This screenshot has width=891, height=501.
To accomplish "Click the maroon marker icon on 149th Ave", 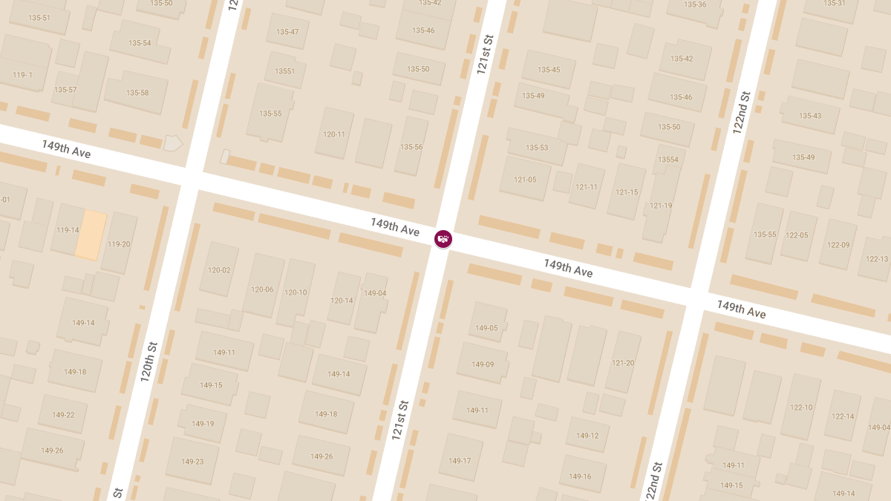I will click(x=443, y=238).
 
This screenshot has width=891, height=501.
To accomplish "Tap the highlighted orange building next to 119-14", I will click(x=91, y=235).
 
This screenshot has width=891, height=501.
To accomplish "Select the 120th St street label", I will click(x=149, y=362).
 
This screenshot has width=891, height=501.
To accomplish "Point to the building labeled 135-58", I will click(x=137, y=93).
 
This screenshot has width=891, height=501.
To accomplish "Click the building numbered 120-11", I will click(x=334, y=134).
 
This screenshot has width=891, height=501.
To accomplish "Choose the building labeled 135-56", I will click(x=412, y=147).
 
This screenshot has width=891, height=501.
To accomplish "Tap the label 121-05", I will click(x=524, y=179).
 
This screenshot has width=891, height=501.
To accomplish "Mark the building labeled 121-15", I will click(x=627, y=192).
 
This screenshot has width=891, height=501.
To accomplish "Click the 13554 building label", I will click(x=668, y=160).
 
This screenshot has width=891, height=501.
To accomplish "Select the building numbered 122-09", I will click(x=838, y=245).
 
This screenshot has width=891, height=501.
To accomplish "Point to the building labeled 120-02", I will click(x=219, y=270).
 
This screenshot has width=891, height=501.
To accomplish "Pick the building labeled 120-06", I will click(x=262, y=289).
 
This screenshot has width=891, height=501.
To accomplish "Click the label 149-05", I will click(x=486, y=328).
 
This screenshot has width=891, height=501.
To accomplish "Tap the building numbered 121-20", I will click(x=623, y=363).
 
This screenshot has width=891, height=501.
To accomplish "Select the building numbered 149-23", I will click(x=192, y=462).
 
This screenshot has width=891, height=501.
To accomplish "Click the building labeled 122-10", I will click(x=801, y=407).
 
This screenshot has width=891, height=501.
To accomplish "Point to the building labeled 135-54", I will click(x=139, y=43).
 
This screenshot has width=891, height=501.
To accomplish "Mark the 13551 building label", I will click(x=284, y=71).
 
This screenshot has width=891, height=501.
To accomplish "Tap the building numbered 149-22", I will click(x=63, y=415).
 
